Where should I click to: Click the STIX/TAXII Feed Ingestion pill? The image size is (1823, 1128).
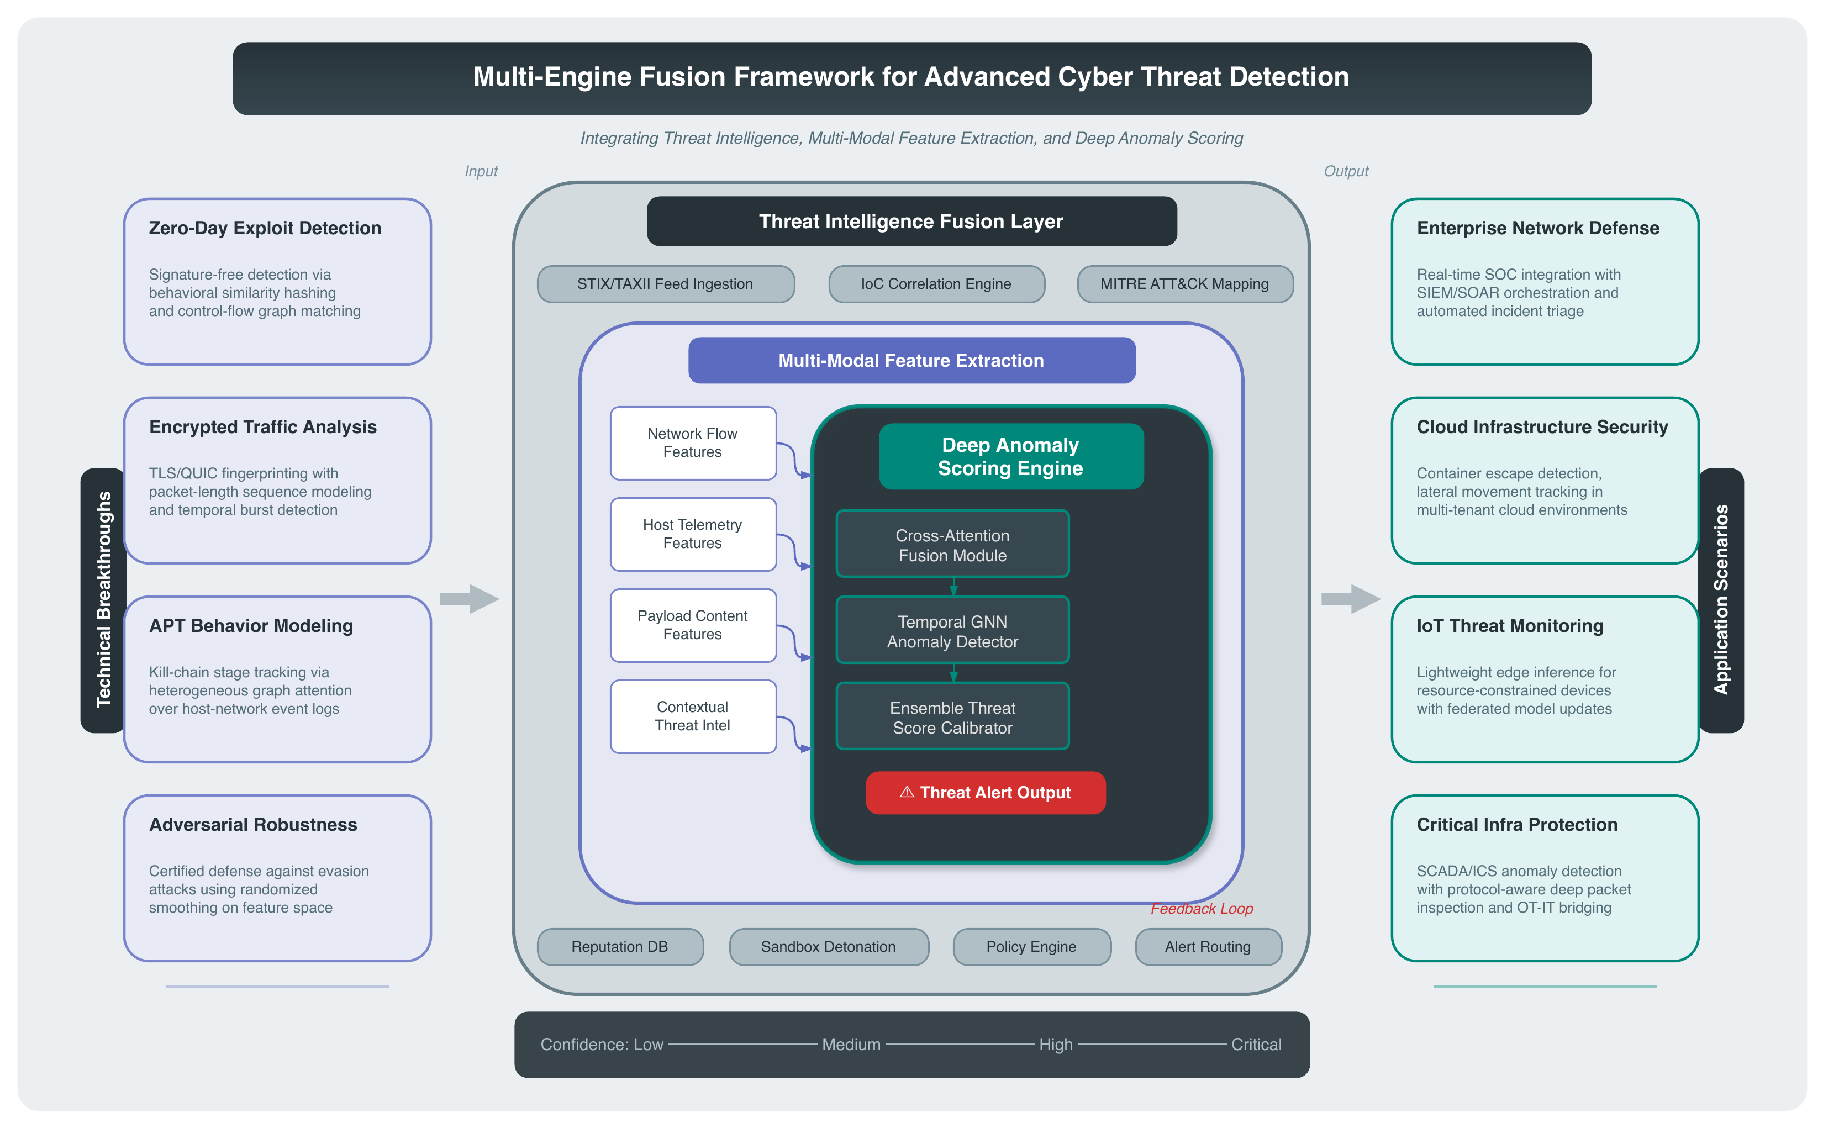point(665,284)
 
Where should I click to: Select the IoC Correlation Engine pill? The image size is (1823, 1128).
point(936,284)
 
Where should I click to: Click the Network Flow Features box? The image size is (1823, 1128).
point(693,443)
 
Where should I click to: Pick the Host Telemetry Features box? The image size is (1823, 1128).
point(693,534)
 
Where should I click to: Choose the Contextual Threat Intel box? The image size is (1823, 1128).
point(693,716)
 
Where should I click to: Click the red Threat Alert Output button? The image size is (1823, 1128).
point(986,792)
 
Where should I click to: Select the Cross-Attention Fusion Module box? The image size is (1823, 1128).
point(952,544)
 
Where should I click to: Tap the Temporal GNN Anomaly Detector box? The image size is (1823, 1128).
point(952,630)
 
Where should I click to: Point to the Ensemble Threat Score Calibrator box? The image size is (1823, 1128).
point(952,716)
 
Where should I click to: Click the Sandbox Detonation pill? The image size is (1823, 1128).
point(829,947)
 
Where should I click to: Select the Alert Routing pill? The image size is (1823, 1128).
point(1208,947)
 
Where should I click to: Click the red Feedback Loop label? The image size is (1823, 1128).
point(1202,909)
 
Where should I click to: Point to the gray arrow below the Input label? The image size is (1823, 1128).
point(469,598)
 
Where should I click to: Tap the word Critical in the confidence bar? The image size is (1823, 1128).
point(1256,1045)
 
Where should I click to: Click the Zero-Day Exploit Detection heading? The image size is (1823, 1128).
point(265,228)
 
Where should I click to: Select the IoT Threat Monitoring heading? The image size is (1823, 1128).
point(1510,626)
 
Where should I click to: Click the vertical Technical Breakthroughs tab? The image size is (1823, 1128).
point(103,600)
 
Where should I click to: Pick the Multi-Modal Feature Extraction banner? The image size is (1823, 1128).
point(911,360)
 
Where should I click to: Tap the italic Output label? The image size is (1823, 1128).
point(1346,172)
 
